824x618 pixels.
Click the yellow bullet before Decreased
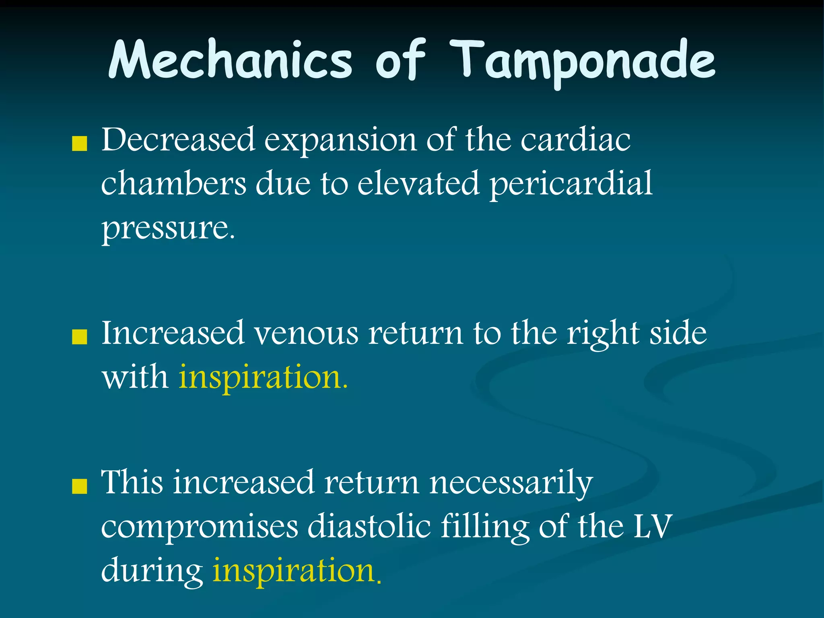click(x=79, y=144)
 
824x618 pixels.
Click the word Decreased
click(x=178, y=140)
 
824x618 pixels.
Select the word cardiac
click(x=575, y=140)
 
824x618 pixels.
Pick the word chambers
click(x=173, y=184)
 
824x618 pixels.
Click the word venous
click(x=306, y=334)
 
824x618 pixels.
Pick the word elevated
click(x=418, y=184)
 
